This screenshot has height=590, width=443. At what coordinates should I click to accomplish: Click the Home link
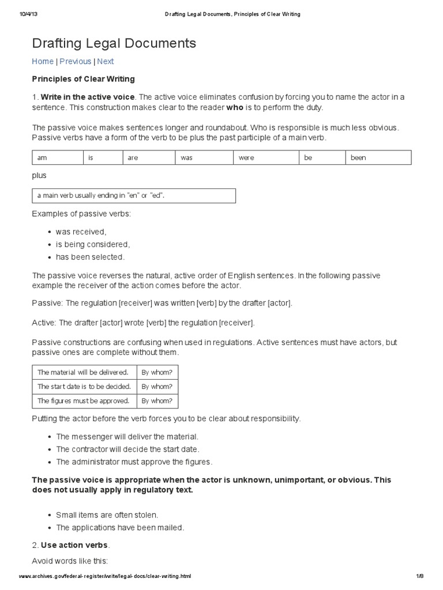point(43,62)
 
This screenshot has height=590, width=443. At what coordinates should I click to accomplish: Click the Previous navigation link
point(76,62)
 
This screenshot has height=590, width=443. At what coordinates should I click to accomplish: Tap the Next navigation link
point(106,62)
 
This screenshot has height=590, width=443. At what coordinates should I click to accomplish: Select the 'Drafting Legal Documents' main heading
point(114,43)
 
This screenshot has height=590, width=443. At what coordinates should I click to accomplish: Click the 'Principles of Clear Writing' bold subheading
point(83,79)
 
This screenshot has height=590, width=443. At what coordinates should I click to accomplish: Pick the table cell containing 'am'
point(58,157)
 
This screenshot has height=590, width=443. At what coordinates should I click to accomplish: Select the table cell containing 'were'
point(265,157)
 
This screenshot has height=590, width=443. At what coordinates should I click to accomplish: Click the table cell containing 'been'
point(378,157)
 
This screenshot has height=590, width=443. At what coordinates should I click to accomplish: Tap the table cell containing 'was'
point(204,157)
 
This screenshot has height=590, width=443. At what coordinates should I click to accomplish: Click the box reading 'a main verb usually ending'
point(134,196)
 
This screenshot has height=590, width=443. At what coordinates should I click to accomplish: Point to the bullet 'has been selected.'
point(90,257)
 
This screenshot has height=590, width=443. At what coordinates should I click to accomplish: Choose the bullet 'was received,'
point(81,232)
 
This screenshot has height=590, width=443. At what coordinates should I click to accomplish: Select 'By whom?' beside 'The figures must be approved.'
point(157,400)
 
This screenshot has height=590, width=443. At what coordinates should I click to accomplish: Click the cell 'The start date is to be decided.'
point(84,386)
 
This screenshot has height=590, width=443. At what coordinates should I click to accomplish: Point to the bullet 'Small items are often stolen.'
point(107,515)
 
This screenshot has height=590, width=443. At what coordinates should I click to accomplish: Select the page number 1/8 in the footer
point(419,576)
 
